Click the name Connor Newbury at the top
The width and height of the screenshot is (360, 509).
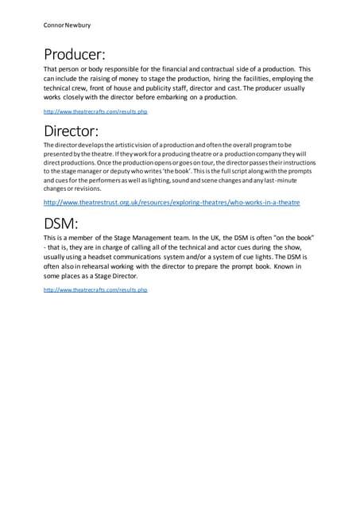pos(68,25)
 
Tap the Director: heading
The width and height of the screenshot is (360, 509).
pos(71,130)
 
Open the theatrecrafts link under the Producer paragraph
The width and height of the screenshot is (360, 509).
pos(95,112)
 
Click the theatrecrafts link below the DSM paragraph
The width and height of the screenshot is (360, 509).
pos(95,290)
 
